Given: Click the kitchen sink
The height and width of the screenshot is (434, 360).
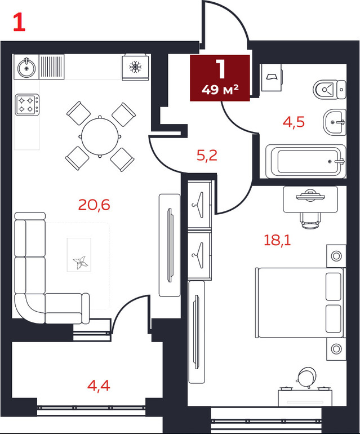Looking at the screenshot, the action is pyautogui.click(x=26, y=67).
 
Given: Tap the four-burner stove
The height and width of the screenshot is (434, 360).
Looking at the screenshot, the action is pyautogui.click(x=27, y=105).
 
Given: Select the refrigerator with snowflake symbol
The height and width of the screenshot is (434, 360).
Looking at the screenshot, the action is pyautogui.click(x=135, y=67).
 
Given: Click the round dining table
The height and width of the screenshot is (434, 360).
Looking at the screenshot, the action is pyautogui.click(x=100, y=136).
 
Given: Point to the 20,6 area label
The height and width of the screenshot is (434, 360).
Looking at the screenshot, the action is pyautogui.click(x=94, y=205).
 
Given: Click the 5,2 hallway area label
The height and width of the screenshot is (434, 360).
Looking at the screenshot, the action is pyautogui.click(x=207, y=156).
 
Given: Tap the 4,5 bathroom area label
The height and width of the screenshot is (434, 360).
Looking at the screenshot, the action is pyautogui.click(x=294, y=122).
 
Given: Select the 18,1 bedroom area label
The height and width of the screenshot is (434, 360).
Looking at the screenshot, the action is pyautogui.click(x=277, y=240).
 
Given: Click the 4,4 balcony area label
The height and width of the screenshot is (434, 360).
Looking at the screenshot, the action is pyautogui.click(x=99, y=386).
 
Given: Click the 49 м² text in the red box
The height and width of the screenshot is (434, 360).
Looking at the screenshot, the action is pyautogui.click(x=220, y=90).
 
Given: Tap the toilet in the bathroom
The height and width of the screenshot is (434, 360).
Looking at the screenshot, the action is pyautogui.click(x=330, y=90).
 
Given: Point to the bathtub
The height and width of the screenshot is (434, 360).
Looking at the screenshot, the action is pyautogui.click(x=306, y=161).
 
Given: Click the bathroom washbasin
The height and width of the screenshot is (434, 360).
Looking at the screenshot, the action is pyautogui.click(x=334, y=122).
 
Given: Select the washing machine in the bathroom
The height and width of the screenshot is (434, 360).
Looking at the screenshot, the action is pyautogui.click(x=272, y=77).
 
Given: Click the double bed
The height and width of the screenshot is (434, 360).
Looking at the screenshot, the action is pyautogui.click(x=300, y=302).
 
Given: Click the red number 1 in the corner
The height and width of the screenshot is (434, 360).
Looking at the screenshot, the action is pyautogui.click(x=19, y=23).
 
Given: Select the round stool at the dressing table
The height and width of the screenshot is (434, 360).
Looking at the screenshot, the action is pyautogui.click(x=307, y=377).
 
